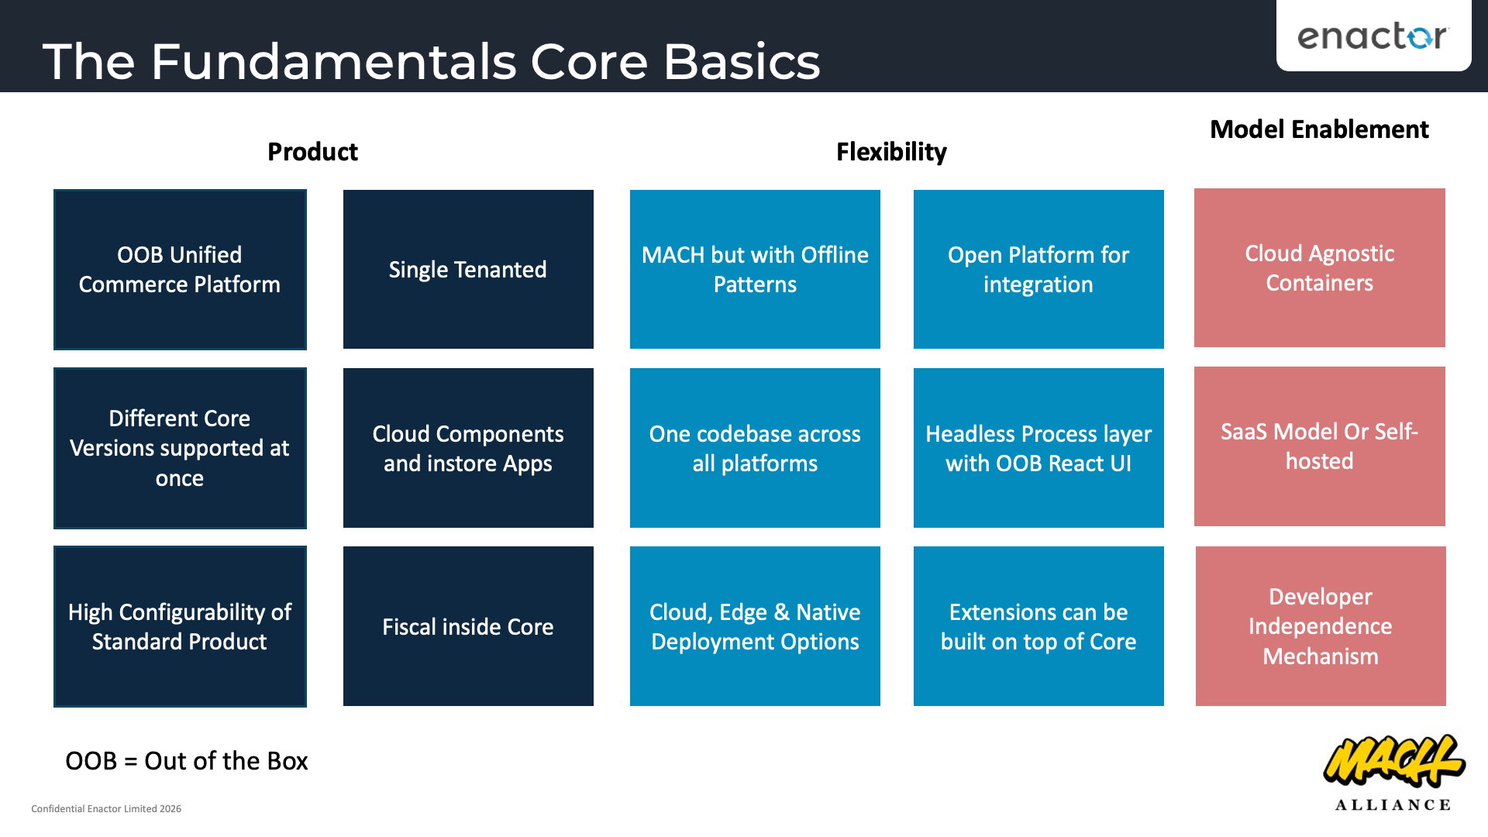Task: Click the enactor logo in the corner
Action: click(1373, 36)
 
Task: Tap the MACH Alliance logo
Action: click(1393, 772)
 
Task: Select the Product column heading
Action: click(312, 152)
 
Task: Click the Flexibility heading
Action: click(891, 152)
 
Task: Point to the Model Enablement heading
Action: click(1319, 129)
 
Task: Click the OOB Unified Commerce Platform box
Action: click(180, 270)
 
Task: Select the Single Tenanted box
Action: click(468, 270)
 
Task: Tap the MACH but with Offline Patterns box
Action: click(755, 270)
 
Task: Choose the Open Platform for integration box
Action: click(1038, 270)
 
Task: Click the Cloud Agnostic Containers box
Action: click(1319, 268)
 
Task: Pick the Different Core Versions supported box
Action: click(180, 448)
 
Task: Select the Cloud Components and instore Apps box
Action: click(468, 448)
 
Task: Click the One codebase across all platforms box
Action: click(755, 448)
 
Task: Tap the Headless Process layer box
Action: click(1038, 448)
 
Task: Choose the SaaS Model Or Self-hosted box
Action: click(1319, 446)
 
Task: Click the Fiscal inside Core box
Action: click(468, 626)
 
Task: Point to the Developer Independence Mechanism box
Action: click(1321, 626)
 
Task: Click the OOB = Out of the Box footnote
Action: click(186, 761)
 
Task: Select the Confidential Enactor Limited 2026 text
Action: click(106, 808)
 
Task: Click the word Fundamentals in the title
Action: click(333, 62)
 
